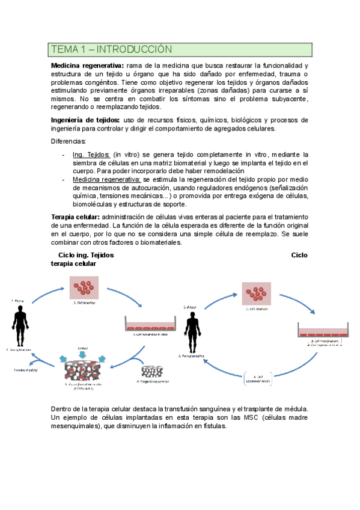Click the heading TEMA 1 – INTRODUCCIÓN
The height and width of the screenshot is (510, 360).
click(x=112, y=49)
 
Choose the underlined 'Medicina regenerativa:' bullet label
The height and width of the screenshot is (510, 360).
click(x=107, y=179)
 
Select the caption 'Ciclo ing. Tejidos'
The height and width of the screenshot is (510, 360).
click(x=85, y=255)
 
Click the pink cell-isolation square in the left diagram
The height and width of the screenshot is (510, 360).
click(x=85, y=288)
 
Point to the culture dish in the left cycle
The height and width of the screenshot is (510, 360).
click(x=145, y=323)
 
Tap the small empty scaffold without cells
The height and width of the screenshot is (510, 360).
click(x=151, y=370)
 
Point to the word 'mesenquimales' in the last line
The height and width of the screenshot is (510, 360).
click(x=79, y=426)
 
